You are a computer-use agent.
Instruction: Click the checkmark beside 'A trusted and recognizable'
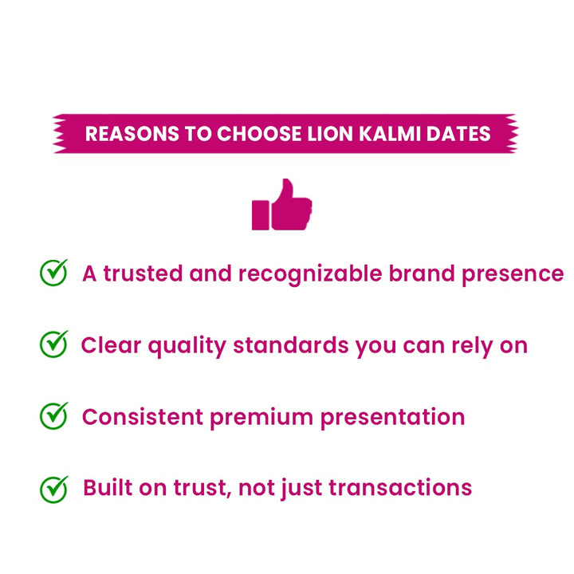54,272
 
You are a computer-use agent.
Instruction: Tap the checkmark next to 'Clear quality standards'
54,344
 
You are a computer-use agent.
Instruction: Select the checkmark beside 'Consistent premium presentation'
54,415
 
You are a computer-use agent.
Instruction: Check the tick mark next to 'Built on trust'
54,487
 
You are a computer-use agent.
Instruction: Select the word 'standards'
290,345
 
